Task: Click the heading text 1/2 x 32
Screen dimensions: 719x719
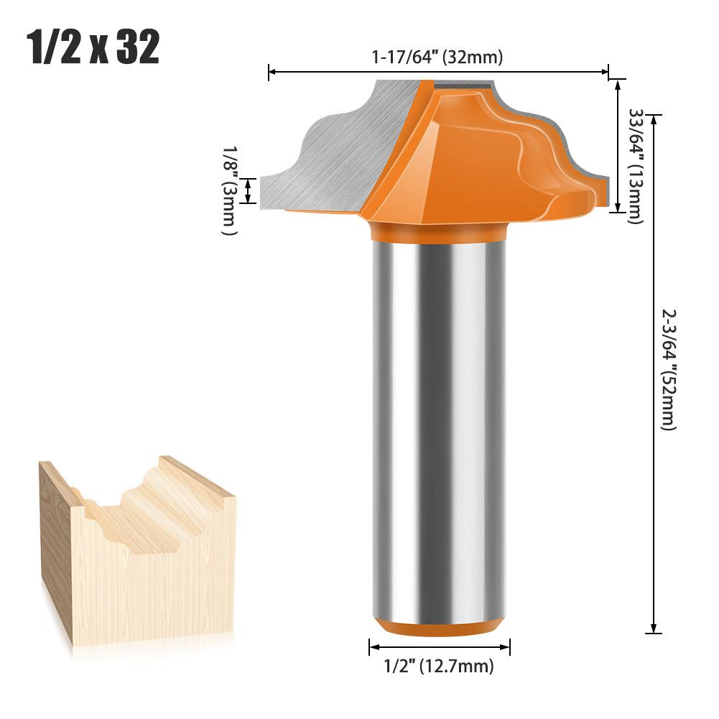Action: pyautogui.click(x=93, y=47)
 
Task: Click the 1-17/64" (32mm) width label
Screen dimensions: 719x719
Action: pyautogui.click(x=437, y=58)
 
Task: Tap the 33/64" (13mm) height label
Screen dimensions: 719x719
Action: pyautogui.click(x=635, y=165)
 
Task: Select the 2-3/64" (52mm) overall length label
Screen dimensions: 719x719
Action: pyautogui.click(x=669, y=369)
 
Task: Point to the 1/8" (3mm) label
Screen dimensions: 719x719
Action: pyautogui.click(x=229, y=190)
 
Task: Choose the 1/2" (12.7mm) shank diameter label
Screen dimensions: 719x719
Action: pyautogui.click(x=440, y=666)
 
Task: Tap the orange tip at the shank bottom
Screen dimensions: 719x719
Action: pyautogui.click(x=440, y=627)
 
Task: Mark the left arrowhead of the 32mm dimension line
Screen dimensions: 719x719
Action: pyautogui.click(x=272, y=72)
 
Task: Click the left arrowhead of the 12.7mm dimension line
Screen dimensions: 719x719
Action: pyautogui.click(x=373, y=647)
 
